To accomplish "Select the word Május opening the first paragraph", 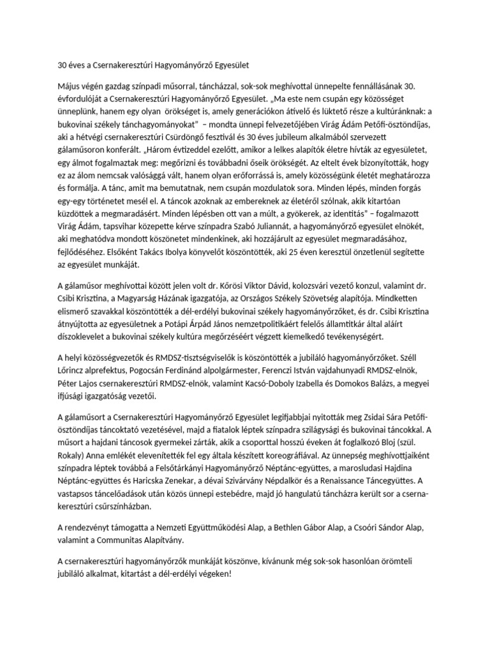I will [71, 86].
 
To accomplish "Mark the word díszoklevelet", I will [88, 337].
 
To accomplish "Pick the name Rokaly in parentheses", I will [75, 457].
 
